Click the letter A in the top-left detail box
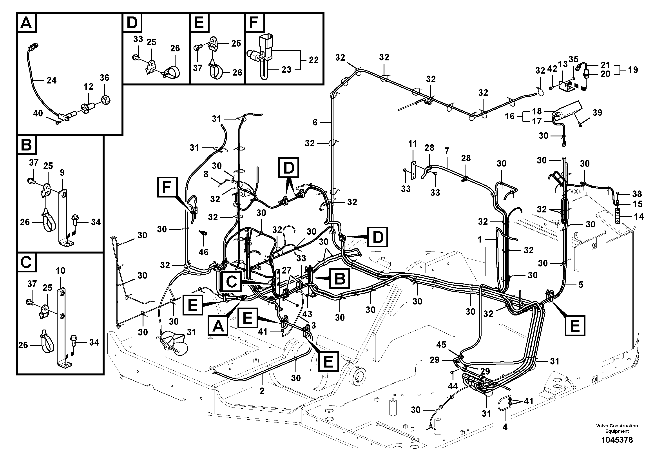(26, 23)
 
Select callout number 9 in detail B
(62, 173)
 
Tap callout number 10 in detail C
(60, 271)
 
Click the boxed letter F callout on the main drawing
(167, 187)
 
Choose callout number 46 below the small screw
(203, 252)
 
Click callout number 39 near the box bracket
(597, 112)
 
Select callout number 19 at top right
(633, 70)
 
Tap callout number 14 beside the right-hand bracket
(639, 217)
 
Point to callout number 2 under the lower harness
(262, 391)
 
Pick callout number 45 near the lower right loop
(441, 345)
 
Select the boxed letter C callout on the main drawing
(231, 282)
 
